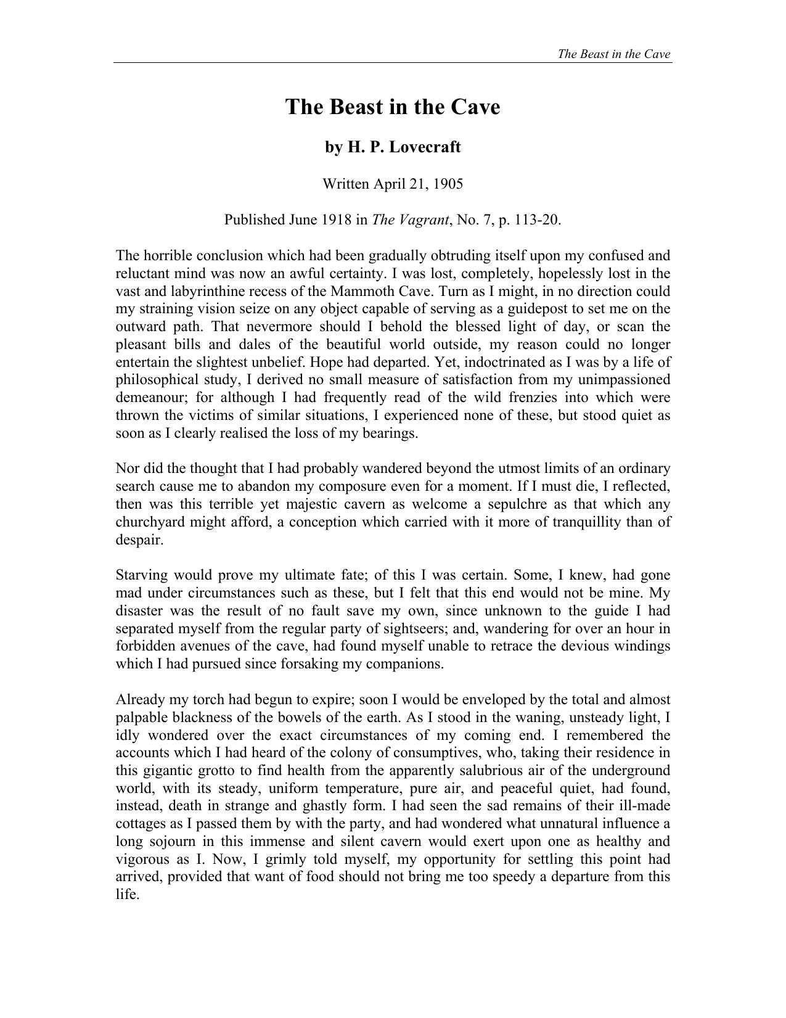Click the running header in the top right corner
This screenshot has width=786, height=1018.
pos(613,54)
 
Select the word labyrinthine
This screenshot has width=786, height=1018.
pos(201,291)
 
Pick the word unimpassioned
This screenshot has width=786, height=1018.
pos(623,380)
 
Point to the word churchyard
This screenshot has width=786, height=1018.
pos(152,522)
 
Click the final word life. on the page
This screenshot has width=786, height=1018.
pos(128,895)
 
